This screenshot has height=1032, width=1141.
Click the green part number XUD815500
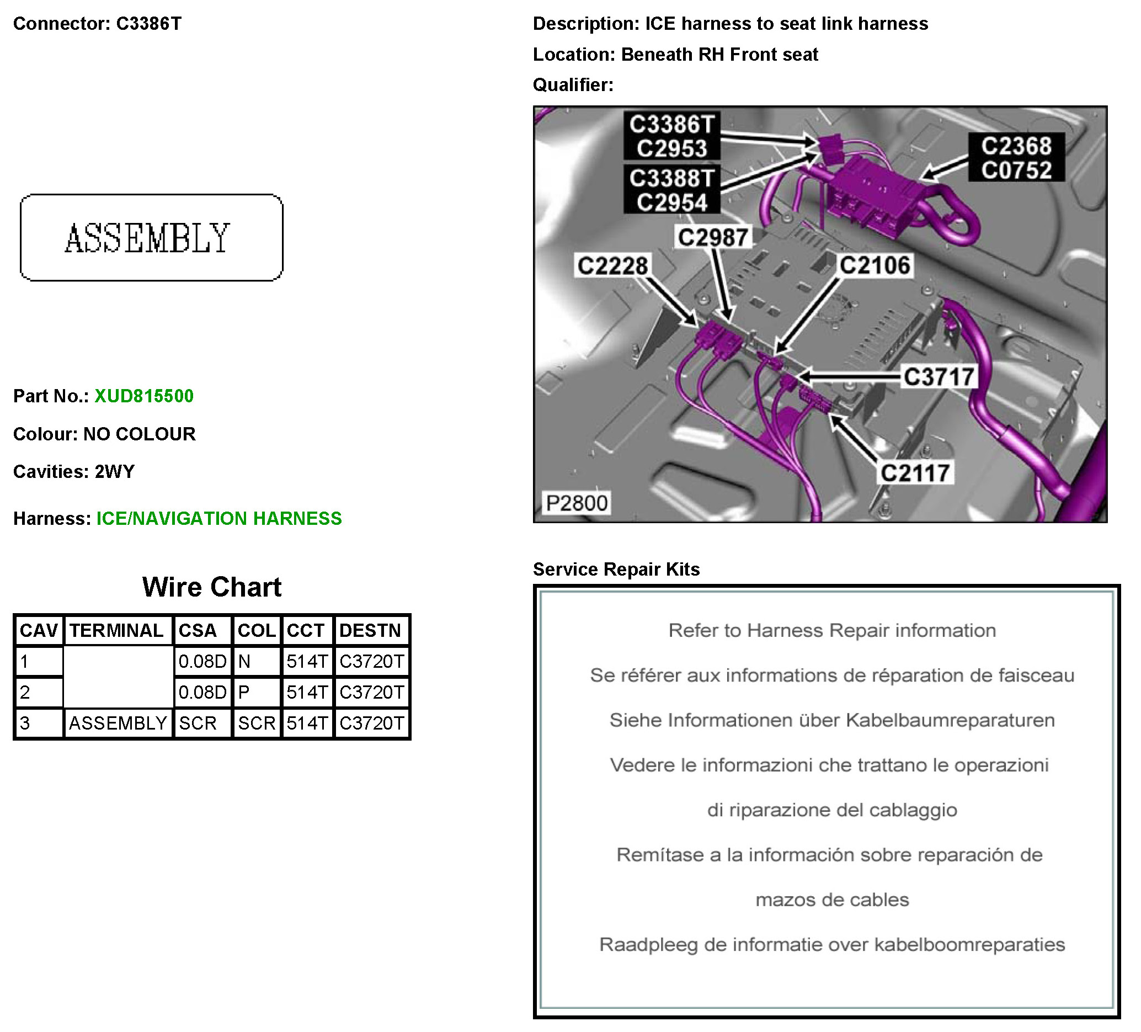pyautogui.click(x=144, y=396)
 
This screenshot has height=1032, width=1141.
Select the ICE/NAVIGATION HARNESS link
pyautogui.click(x=219, y=519)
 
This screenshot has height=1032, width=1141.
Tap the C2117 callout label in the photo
pyautogui.click(x=915, y=474)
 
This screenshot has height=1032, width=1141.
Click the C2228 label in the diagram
pyautogui.click(x=612, y=266)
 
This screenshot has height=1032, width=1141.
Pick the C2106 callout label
pyautogui.click(x=875, y=265)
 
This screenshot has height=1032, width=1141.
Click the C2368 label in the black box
pyautogui.click(x=1016, y=146)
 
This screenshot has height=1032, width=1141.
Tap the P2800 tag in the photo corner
pyautogui.click(x=576, y=503)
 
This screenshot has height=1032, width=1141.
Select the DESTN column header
pyautogui.click(x=370, y=631)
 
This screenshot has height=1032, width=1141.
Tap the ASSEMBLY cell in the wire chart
pyautogui.click(x=118, y=724)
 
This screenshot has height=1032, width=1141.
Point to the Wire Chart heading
pyautogui.click(x=212, y=587)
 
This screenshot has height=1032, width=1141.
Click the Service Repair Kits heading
pyautogui.click(x=616, y=569)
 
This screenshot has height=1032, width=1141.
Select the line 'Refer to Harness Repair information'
pyautogui.click(x=832, y=631)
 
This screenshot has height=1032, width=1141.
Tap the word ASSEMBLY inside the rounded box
pyautogui.click(x=148, y=238)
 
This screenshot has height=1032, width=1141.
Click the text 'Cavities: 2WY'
pyautogui.click(x=74, y=471)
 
